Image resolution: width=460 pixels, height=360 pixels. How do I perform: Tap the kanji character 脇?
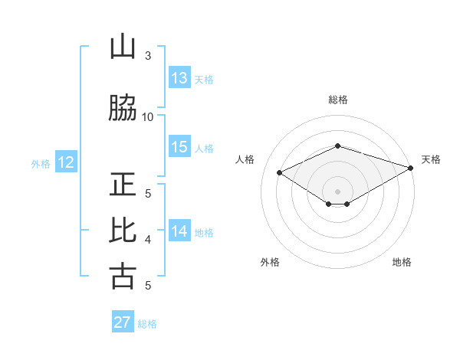click(123, 110)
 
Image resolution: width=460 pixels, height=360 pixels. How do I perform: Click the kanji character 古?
click(123, 276)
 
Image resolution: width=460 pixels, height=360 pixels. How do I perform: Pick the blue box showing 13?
click(179, 78)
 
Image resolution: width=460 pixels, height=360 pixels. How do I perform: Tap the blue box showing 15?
click(179, 147)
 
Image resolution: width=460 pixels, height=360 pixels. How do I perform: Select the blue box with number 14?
click(179, 231)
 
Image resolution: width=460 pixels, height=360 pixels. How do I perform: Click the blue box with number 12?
click(66, 162)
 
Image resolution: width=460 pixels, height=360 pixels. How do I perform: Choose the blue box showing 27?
click(123, 322)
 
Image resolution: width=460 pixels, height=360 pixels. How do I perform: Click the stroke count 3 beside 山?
click(148, 56)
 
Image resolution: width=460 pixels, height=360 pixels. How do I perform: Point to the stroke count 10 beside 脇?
click(148, 117)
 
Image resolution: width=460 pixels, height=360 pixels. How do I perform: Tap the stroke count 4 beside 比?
click(148, 240)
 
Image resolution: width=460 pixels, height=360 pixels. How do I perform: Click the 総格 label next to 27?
click(147, 323)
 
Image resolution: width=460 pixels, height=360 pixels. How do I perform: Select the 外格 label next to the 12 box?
click(41, 163)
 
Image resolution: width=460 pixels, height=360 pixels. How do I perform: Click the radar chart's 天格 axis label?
click(431, 159)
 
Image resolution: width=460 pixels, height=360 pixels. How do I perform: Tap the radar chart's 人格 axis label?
click(245, 159)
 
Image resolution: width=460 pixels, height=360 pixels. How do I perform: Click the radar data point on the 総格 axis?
click(337, 146)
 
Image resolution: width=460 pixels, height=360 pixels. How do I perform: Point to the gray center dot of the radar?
click(337, 191)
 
